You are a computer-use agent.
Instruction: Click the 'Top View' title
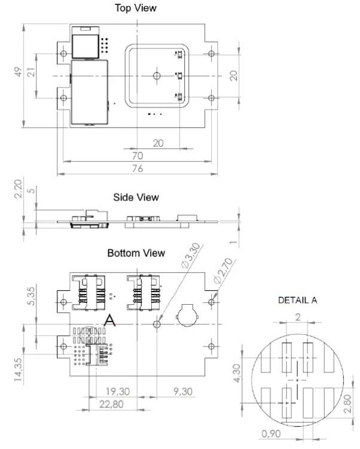pyautogui.click(x=136, y=8)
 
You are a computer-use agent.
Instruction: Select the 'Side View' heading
pyautogui.click(x=136, y=197)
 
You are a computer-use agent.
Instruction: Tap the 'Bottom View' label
pyautogui.click(x=136, y=253)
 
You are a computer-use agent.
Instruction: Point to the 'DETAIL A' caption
pyautogui.click(x=297, y=301)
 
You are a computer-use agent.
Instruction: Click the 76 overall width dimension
pyautogui.click(x=137, y=169)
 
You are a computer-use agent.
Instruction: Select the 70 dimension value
pyautogui.click(x=137, y=154)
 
